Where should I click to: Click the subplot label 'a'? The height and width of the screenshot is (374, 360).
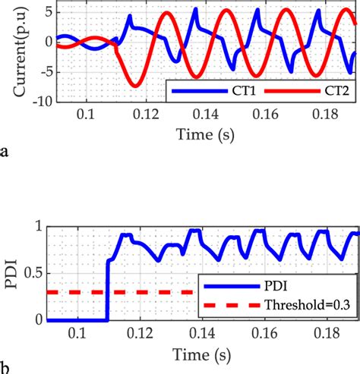click(x=6, y=152)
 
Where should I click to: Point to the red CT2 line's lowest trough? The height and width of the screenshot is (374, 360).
click(x=135, y=85)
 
